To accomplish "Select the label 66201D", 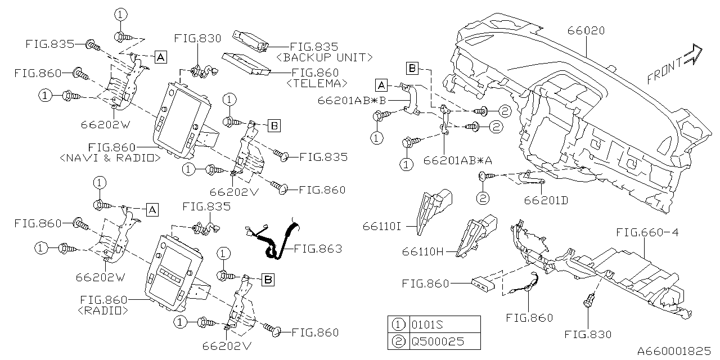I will (546, 200).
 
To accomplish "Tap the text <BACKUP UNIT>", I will (325, 57).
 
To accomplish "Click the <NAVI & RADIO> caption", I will (109, 159).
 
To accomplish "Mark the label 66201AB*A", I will (461, 160).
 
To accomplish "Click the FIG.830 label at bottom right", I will (588, 335).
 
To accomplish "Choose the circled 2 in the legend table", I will (398, 341).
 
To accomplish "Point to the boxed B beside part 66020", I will (412, 69).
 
